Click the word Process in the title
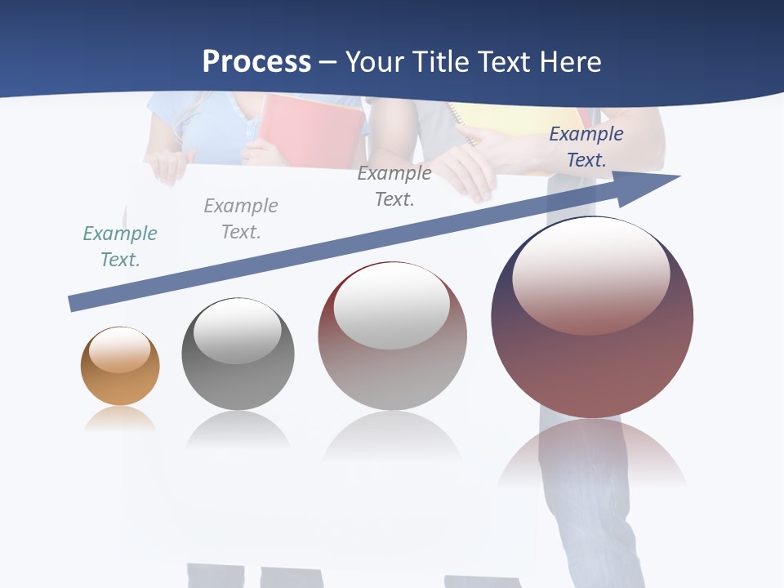[256, 61]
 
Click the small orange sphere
[120, 366]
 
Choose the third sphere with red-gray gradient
[392, 336]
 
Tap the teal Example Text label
[120, 246]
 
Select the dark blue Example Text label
[586, 147]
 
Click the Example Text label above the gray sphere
[241, 218]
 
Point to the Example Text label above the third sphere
[394, 185]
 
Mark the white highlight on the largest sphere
[590, 274]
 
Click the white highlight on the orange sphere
[120, 350]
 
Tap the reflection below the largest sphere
[592, 453]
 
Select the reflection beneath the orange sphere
[120, 418]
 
